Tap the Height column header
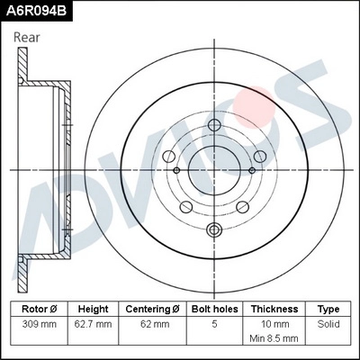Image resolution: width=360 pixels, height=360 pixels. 93,308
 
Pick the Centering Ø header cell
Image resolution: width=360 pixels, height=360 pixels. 153,308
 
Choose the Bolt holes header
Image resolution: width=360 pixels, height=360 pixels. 213,308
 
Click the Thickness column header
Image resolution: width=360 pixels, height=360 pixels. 274,308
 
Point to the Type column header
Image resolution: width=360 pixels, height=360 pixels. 328,308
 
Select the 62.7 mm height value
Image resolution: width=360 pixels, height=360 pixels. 93,322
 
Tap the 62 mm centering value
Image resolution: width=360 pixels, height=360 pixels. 153,322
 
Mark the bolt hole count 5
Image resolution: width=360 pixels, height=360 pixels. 213,322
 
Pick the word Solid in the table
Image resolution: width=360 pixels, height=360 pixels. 328,322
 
